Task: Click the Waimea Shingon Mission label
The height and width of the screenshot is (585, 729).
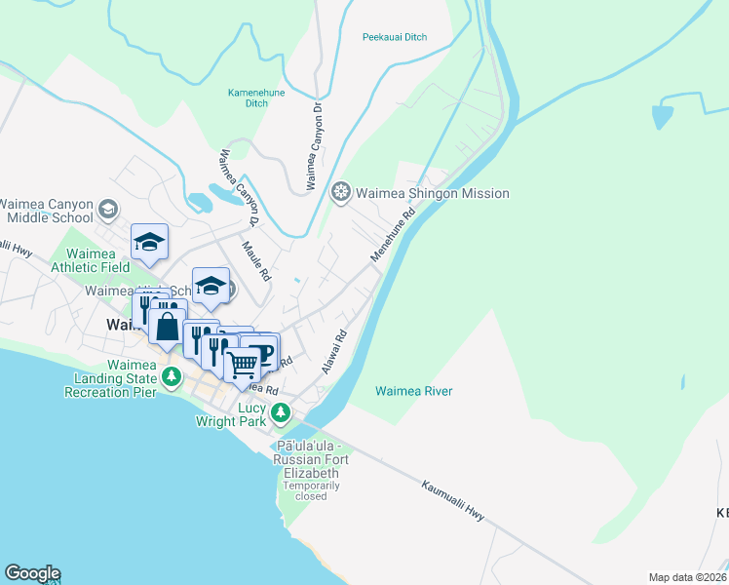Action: coord(432,193)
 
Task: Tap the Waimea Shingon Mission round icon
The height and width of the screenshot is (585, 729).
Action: coord(341,192)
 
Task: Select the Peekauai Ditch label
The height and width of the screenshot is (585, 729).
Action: coord(395,37)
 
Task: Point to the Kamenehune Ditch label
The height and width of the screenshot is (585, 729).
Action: coord(248,97)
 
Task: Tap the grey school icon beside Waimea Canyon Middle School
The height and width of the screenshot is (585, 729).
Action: coord(107,208)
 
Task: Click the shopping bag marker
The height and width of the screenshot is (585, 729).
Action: coord(168,327)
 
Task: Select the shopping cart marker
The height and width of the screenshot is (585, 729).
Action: coord(243,365)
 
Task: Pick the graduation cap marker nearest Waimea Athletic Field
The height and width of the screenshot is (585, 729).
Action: coord(150,243)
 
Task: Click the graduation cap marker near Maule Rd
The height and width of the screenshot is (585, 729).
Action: coord(211,286)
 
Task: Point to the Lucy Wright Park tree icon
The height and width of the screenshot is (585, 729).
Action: coord(281,412)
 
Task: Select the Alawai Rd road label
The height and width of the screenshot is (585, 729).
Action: coord(334,352)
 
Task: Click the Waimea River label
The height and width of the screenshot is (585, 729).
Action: coord(414,391)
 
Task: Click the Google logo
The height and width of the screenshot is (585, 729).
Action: coord(32,573)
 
